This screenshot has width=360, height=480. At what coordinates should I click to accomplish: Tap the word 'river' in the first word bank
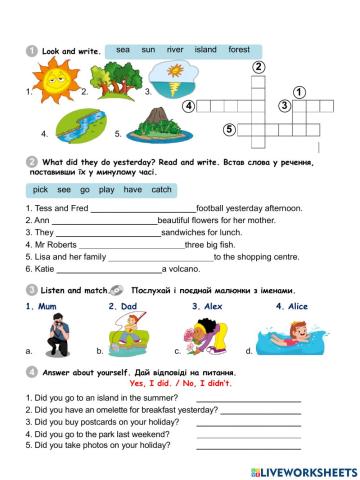(x=175, y=48)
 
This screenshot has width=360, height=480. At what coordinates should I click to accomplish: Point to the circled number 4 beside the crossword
(x=189, y=106)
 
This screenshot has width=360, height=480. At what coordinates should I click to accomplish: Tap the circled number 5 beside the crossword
(x=229, y=129)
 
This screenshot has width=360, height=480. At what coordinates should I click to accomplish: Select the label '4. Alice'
(x=294, y=306)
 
